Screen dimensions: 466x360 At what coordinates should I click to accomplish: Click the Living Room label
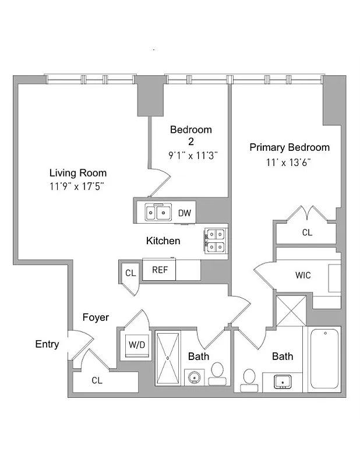coord(77,173)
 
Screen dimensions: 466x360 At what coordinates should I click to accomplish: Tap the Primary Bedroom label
coord(290,147)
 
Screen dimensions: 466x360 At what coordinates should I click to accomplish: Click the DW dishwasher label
coord(184,213)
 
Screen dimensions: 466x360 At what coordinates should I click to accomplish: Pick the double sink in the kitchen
coord(157,213)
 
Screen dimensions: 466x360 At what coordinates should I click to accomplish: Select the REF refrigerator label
coord(160,270)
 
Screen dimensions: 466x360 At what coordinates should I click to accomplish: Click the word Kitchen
coord(163,241)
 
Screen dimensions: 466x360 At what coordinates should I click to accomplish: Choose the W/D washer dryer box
coord(137,344)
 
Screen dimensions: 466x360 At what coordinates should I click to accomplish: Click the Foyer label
coord(95,317)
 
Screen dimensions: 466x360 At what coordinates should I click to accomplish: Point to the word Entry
coord(47,344)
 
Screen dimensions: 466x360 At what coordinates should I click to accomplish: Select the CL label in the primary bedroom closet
coord(306,232)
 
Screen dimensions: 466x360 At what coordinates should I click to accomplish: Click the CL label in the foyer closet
coord(97,380)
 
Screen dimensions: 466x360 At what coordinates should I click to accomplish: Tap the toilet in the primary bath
coord(249,377)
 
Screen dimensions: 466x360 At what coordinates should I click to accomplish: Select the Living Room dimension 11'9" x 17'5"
coord(77,186)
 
